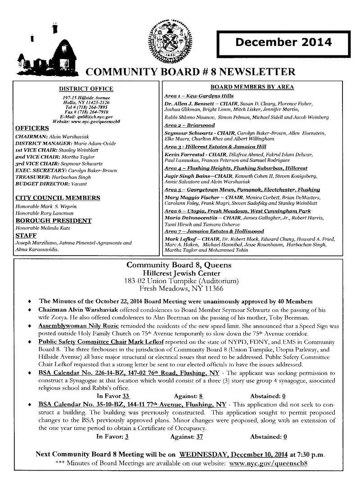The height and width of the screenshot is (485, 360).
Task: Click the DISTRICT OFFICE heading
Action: click(86, 89)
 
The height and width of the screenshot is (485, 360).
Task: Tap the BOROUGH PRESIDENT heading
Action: click(54, 221)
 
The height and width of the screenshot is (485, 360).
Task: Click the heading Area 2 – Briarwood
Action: click(189, 125)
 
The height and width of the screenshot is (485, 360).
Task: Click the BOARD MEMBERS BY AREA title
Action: click(252, 87)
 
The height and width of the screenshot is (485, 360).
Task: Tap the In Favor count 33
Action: click(126, 396)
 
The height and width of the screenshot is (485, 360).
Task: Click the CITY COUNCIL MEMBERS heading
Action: click(58, 198)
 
